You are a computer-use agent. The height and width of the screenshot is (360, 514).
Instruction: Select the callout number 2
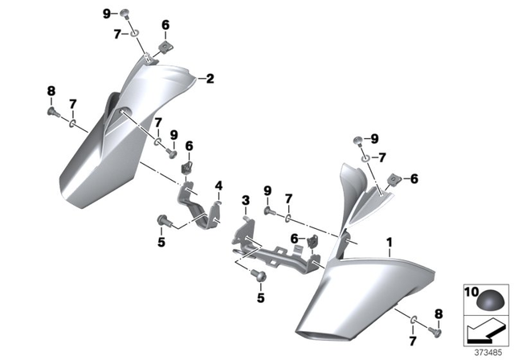tap(210, 79)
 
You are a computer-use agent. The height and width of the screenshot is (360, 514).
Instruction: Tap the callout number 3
tap(245, 199)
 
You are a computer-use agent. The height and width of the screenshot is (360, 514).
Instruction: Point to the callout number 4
tap(218, 186)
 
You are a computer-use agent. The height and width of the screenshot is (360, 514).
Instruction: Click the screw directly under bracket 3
tap(259, 276)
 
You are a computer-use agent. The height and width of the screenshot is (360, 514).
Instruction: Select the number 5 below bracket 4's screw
tap(161, 241)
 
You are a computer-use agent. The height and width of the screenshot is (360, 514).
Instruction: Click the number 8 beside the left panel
tap(50, 91)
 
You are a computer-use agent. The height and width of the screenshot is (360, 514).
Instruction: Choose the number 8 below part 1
tap(438, 314)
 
